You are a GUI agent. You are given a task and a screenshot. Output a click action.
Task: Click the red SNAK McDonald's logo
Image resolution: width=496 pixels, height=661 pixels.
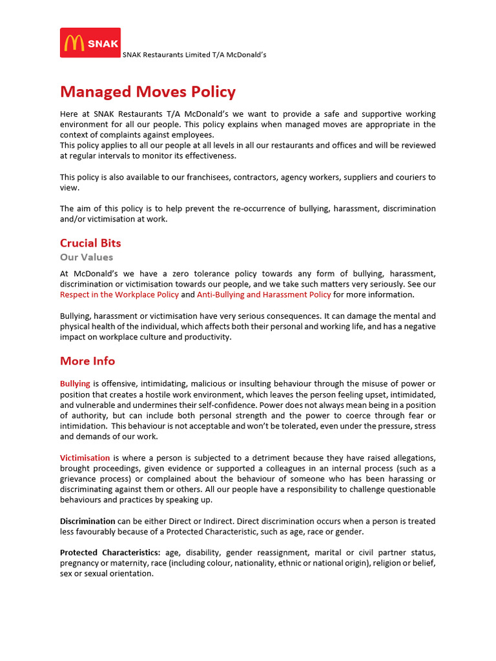pos(90,43)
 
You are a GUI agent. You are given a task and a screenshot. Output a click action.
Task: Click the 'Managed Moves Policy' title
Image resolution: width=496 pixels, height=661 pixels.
pos(148,92)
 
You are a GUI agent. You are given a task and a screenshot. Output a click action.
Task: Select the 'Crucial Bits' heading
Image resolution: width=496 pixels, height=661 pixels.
pos(90,243)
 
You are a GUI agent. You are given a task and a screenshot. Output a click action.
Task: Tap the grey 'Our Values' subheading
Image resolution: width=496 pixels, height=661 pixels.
pos(87,257)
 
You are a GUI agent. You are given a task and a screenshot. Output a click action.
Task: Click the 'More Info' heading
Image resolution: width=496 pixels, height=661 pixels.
pos(87,361)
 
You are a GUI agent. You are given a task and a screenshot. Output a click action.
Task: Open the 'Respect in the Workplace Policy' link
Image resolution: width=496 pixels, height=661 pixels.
pos(119,294)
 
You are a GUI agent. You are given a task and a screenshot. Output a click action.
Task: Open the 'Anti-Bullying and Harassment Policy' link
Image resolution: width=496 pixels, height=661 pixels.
pos(263,294)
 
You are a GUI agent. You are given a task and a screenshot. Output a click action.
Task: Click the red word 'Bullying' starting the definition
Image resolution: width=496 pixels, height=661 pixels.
pos(75,384)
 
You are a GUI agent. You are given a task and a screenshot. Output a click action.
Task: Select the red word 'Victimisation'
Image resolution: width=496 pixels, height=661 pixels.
pos(85,458)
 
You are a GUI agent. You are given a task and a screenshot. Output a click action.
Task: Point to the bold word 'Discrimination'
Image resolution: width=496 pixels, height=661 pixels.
pos(88,521)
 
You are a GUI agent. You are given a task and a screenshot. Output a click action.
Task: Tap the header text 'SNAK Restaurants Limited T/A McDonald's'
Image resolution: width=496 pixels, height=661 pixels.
pos(194,55)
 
